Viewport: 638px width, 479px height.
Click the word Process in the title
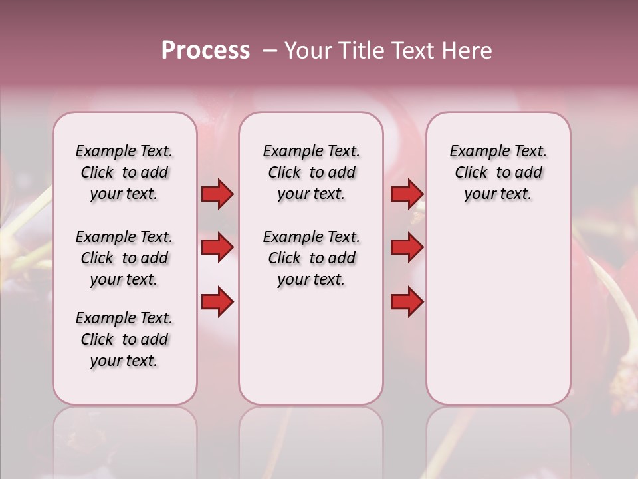point(205,50)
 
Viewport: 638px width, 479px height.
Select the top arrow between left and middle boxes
point(217,194)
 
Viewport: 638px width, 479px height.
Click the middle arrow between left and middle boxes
point(217,247)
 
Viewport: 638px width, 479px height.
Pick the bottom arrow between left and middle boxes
point(217,302)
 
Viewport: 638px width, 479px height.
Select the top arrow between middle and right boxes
point(407,194)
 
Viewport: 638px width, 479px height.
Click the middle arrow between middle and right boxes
point(407,247)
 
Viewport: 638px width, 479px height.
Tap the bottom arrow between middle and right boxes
point(407,302)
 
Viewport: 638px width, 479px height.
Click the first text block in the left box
point(124,172)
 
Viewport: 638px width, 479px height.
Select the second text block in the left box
point(124,258)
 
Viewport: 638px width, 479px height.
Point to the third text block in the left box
point(124,339)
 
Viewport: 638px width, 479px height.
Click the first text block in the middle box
point(311,172)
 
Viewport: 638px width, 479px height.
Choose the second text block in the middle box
point(311,258)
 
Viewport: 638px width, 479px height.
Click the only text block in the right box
point(498,172)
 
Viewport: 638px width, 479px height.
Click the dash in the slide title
point(270,51)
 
